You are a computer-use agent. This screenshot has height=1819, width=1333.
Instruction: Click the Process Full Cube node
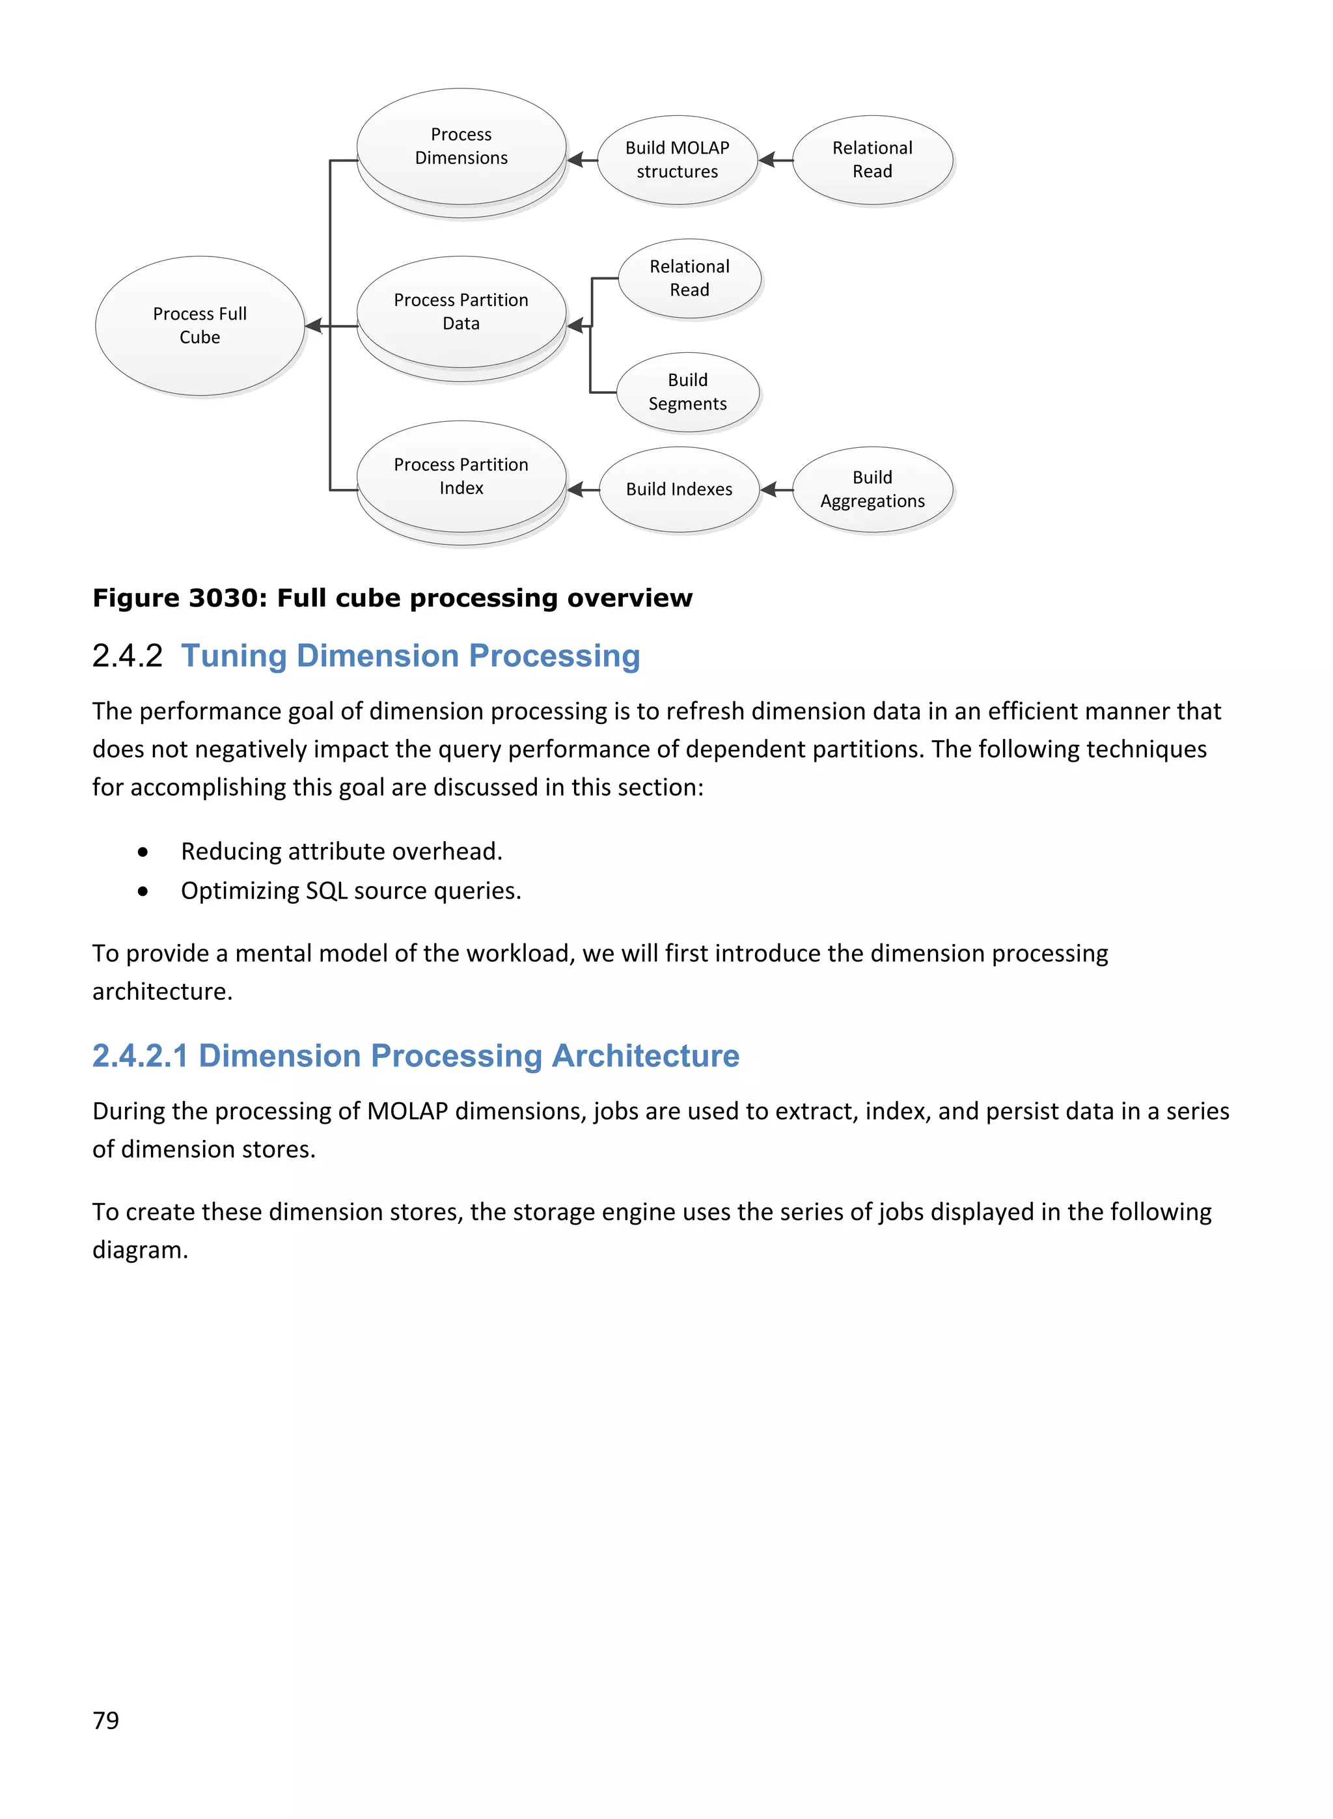(x=199, y=326)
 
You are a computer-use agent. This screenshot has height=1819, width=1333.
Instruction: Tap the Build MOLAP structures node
(x=677, y=160)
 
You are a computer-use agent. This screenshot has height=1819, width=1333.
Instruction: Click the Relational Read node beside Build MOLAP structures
(x=872, y=160)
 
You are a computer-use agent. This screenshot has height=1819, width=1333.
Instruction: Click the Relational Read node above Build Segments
(x=689, y=279)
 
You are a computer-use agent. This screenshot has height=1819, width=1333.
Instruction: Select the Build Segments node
(x=687, y=392)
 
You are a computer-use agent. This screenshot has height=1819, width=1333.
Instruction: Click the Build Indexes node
(x=679, y=489)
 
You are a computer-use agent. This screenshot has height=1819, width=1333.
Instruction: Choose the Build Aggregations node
(x=872, y=489)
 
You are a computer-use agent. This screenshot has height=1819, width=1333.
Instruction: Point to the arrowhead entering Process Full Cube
(x=313, y=326)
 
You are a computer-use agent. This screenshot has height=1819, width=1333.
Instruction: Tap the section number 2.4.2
(x=128, y=656)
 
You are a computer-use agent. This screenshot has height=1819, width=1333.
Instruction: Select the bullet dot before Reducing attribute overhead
(x=143, y=852)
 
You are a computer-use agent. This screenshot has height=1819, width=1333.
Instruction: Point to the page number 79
(x=105, y=1720)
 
